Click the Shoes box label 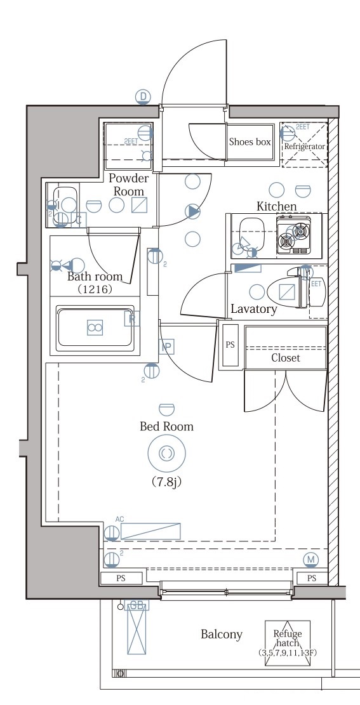pyautogui.click(x=250, y=142)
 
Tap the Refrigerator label pyautogui.click(x=305, y=147)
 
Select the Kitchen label pyautogui.click(x=276, y=206)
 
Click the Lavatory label pyautogui.click(x=254, y=310)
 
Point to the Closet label pyautogui.click(x=285, y=358)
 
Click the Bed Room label pyautogui.click(x=166, y=426)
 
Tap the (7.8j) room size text pyautogui.click(x=166, y=482)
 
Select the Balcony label pyautogui.click(x=222, y=634)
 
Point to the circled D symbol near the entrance pyautogui.click(x=144, y=96)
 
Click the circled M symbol pyautogui.click(x=310, y=559)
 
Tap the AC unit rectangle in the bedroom pyautogui.click(x=150, y=531)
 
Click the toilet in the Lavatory pyautogui.click(x=287, y=291)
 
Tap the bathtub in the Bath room pyautogui.click(x=95, y=328)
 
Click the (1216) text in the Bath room pyautogui.click(x=95, y=289)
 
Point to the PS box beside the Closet pyautogui.click(x=230, y=346)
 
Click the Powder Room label pyautogui.click(x=129, y=185)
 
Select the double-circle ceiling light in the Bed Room pyautogui.click(x=166, y=452)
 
